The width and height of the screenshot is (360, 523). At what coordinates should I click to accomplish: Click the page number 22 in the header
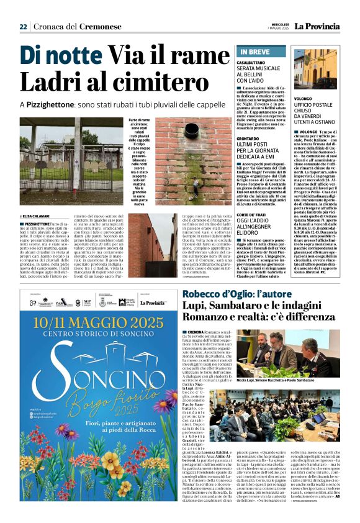click(24, 26)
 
